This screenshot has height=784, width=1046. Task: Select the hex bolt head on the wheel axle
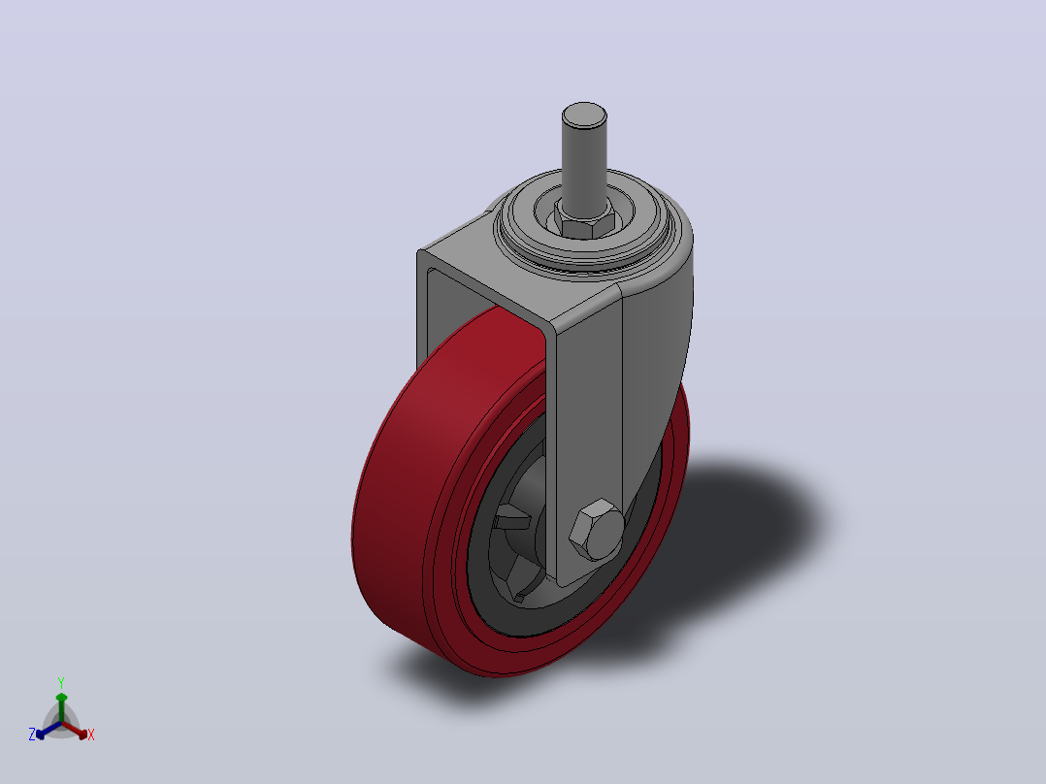(x=597, y=529)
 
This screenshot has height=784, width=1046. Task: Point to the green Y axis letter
(x=61, y=682)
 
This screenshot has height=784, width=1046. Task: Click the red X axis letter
(x=91, y=735)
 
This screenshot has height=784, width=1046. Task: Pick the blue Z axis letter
(x=32, y=735)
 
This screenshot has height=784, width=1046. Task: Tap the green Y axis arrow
(x=61, y=707)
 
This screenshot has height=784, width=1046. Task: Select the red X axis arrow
(x=75, y=730)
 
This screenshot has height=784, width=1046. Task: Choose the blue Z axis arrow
(x=49, y=730)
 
